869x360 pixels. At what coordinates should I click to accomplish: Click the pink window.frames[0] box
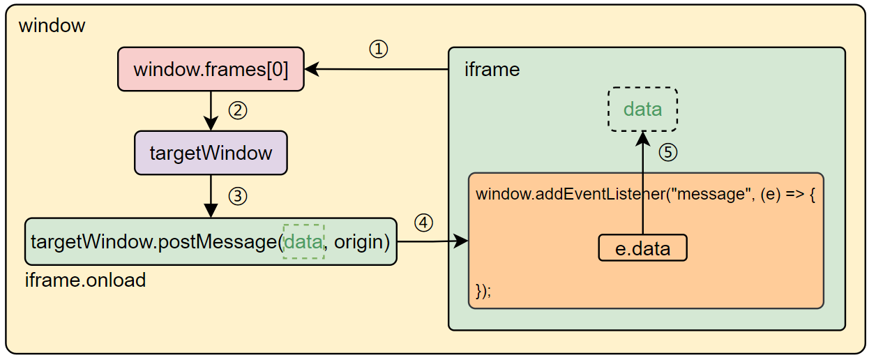(x=211, y=69)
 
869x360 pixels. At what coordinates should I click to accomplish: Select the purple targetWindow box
(x=211, y=153)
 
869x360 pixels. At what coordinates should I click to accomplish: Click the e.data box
(x=642, y=248)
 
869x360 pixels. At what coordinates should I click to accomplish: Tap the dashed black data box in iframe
(x=642, y=110)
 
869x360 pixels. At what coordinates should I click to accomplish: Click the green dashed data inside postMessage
(x=303, y=242)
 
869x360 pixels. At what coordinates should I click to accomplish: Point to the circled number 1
(x=378, y=50)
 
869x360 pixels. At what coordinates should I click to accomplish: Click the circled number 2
(x=239, y=110)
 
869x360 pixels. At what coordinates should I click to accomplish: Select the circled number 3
(x=238, y=197)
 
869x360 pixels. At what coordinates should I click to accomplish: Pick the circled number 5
(x=668, y=152)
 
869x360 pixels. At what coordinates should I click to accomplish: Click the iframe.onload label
(x=85, y=280)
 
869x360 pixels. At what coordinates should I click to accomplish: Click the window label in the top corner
(x=52, y=26)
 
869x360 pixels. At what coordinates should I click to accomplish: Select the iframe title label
(x=492, y=70)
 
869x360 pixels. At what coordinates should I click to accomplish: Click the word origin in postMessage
(x=361, y=242)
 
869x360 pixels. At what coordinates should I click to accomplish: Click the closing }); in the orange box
(x=483, y=290)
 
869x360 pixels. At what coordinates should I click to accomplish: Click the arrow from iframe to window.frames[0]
(x=377, y=69)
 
